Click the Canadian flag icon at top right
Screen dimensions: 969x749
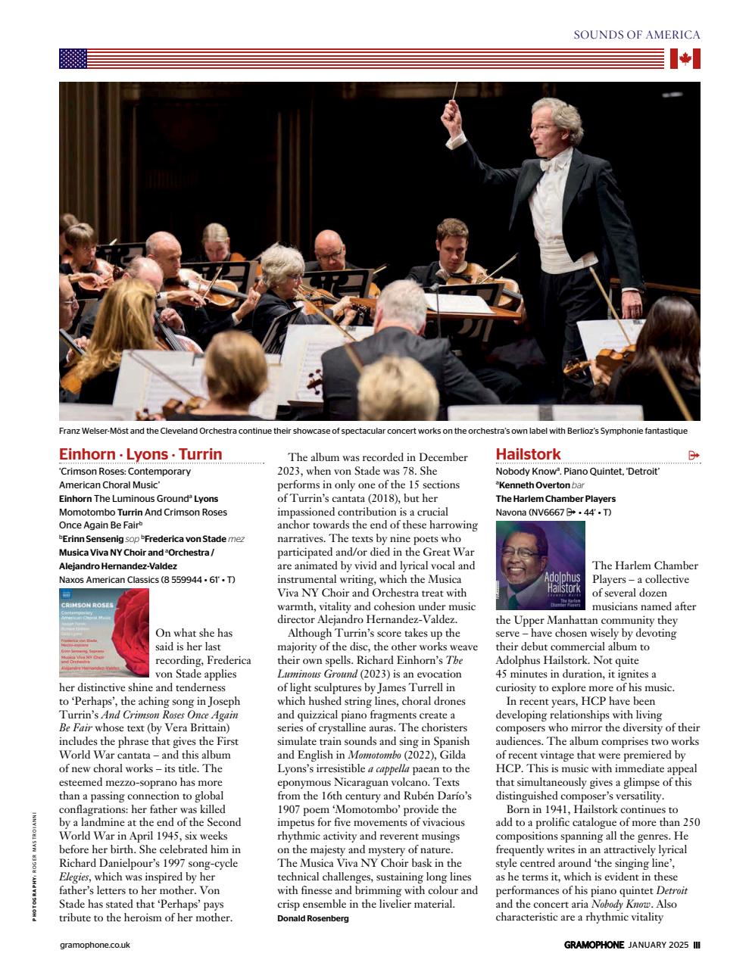[685, 59]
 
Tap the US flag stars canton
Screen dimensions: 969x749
[73, 59]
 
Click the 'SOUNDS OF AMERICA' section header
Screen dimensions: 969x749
[636, 35]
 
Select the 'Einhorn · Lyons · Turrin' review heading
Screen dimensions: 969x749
[141, 454]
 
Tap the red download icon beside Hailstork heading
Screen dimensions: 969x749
[694, 455]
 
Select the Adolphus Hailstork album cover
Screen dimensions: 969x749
[540, 566]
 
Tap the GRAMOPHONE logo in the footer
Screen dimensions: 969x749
[594, 945]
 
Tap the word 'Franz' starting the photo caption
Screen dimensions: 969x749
[70, 431]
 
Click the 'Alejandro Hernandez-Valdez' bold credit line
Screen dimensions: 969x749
[118, 566]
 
